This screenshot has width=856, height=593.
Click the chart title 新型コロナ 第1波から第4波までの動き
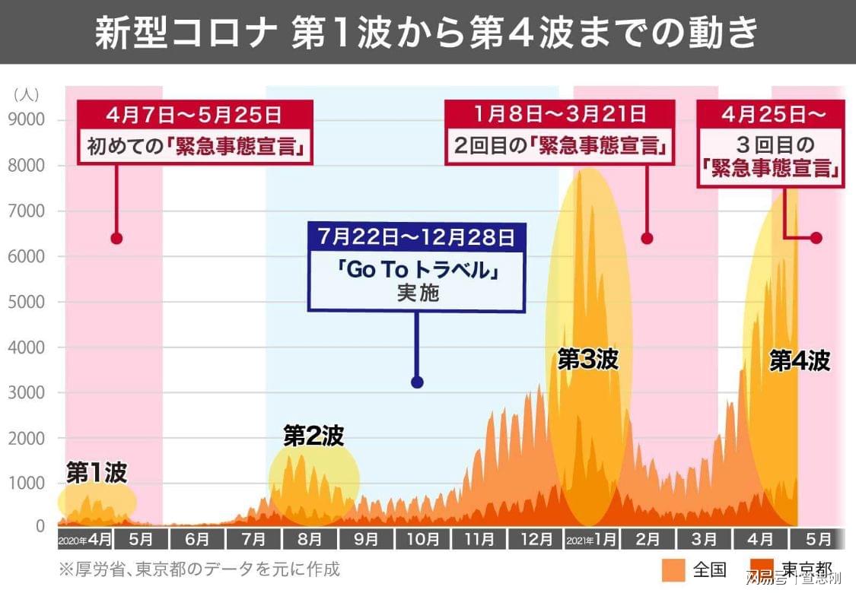click(427, 33)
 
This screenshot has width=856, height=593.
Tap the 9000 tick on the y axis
click(27, 119)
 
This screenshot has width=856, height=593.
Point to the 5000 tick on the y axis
click(27, 302)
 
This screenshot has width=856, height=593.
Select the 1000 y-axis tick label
click(27, 484)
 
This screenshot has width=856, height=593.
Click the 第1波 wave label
click(96, 473)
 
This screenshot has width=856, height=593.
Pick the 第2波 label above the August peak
click(313, 436)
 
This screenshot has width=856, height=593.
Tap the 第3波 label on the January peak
click(587, 359)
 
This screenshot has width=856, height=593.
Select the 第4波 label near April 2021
click(799, 360)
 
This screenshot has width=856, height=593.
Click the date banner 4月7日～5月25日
click(195, 116)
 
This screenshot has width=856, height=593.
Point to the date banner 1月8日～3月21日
click(559, 116)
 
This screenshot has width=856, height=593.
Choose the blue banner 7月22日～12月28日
click(416, 236)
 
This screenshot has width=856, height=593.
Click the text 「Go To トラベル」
click(417, 270)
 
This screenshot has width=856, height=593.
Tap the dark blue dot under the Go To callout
click(417, 382)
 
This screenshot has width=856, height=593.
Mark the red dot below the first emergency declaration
click(116, 238)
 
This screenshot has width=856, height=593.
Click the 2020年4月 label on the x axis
click(85, 540)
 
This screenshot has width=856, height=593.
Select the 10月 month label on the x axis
click(422, 540)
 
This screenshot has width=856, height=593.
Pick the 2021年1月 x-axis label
click(591, 540)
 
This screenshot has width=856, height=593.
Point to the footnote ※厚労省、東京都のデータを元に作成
click(199, 569)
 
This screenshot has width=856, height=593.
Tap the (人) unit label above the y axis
click(26, 94)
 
